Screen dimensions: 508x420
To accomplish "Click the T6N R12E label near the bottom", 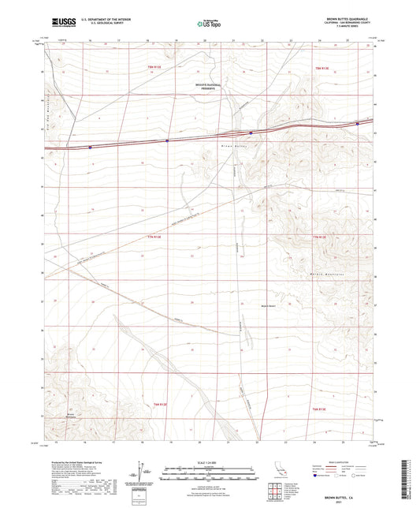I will tap(159, 404).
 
